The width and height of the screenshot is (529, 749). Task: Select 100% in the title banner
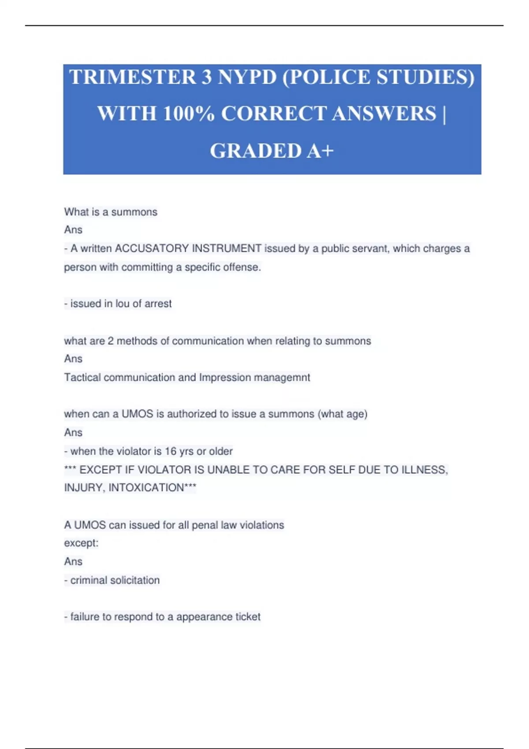189,114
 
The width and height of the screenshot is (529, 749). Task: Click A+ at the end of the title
320,151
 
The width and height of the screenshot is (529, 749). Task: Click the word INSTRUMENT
227,248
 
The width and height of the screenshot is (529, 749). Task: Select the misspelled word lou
123,304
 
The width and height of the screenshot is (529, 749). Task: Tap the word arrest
158,304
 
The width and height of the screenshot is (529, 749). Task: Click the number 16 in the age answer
171,451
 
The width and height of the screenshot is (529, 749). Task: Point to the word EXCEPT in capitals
101,470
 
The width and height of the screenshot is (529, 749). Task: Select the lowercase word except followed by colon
81,543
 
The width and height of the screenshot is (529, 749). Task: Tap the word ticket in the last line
248,617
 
